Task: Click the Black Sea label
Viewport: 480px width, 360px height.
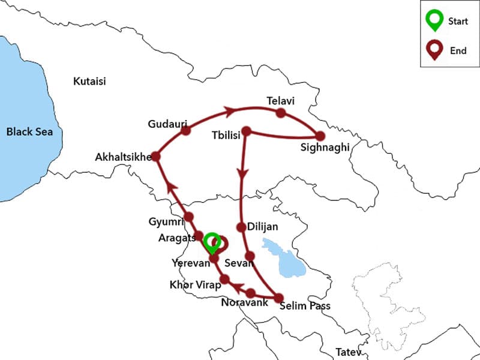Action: [26, 131]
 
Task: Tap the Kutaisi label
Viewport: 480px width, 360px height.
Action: [89, 81]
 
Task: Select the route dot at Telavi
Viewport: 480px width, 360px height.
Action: [280, 113]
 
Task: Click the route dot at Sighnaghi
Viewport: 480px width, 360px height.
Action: [320, 136]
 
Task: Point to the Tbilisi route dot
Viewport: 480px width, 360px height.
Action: [245, 130]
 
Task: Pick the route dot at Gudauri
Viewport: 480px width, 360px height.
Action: [185, 130]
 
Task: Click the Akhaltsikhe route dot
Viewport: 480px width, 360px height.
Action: [156, 156]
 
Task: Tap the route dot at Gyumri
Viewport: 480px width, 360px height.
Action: [188, 217]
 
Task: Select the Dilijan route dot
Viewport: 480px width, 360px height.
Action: [241, 227]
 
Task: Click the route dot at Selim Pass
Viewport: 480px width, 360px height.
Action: [278, 297]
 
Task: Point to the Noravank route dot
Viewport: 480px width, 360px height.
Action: [251, 293]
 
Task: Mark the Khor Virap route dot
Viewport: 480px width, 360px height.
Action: [224, 279]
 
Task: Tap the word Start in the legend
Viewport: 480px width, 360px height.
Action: [458, 22]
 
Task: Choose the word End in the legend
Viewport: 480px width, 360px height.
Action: [458, 51]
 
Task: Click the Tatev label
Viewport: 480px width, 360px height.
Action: [347, 351]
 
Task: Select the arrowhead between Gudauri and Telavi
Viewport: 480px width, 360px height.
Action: [228, 110]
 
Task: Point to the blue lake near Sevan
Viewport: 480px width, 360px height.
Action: [283, 258]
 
